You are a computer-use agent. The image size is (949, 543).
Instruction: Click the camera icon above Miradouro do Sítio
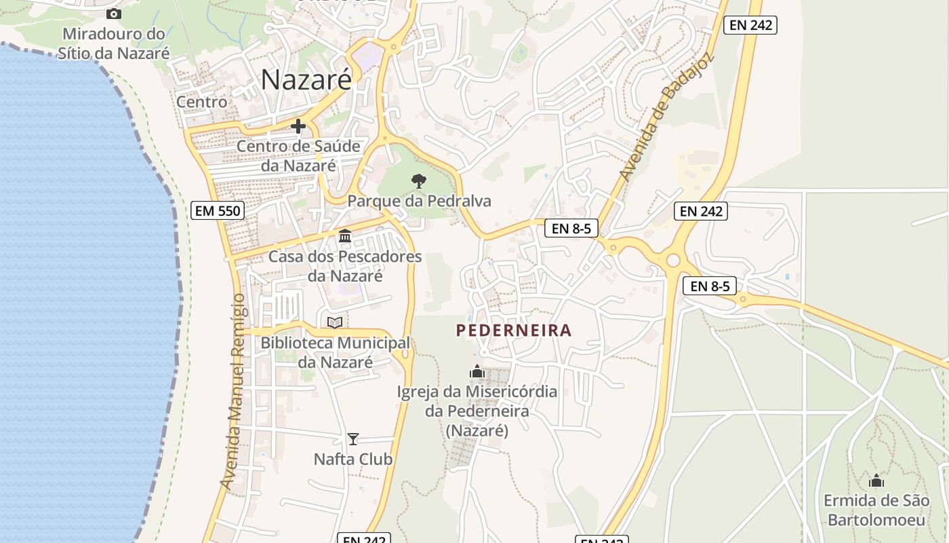tap(114, 14)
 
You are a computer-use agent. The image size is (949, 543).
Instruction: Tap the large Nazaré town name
tap(306, 79)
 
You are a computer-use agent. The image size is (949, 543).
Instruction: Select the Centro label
tap(202, 102)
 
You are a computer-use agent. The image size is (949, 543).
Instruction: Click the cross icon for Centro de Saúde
tap(298, 126)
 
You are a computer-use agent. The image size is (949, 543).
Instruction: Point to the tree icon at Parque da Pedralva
tap(419, 181)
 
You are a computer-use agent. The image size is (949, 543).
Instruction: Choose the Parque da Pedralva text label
tap(419, 201)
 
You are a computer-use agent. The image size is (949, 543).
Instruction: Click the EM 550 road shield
tap(217, 210)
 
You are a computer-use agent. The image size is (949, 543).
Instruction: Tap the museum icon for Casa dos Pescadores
tap(345, 236)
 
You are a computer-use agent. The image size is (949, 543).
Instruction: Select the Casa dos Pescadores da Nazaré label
tap(345, 266)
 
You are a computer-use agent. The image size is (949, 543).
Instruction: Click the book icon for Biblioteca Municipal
tap(335, 322)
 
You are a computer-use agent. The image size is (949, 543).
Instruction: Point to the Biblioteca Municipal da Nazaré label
tap(336, 352)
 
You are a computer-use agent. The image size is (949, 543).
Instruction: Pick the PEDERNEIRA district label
tap(514, 331)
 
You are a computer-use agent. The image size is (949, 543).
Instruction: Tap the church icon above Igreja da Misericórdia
tap(477, 372)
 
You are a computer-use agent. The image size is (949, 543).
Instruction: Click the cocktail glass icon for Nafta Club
tap(352, 439)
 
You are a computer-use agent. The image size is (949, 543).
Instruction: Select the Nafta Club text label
tap(352, 460)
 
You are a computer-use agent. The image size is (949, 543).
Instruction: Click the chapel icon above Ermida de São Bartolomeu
tap(876, 481)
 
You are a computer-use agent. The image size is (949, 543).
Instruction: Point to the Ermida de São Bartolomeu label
tap(876, 510)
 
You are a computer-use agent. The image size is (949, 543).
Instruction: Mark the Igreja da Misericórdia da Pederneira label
tap(477, 411)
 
